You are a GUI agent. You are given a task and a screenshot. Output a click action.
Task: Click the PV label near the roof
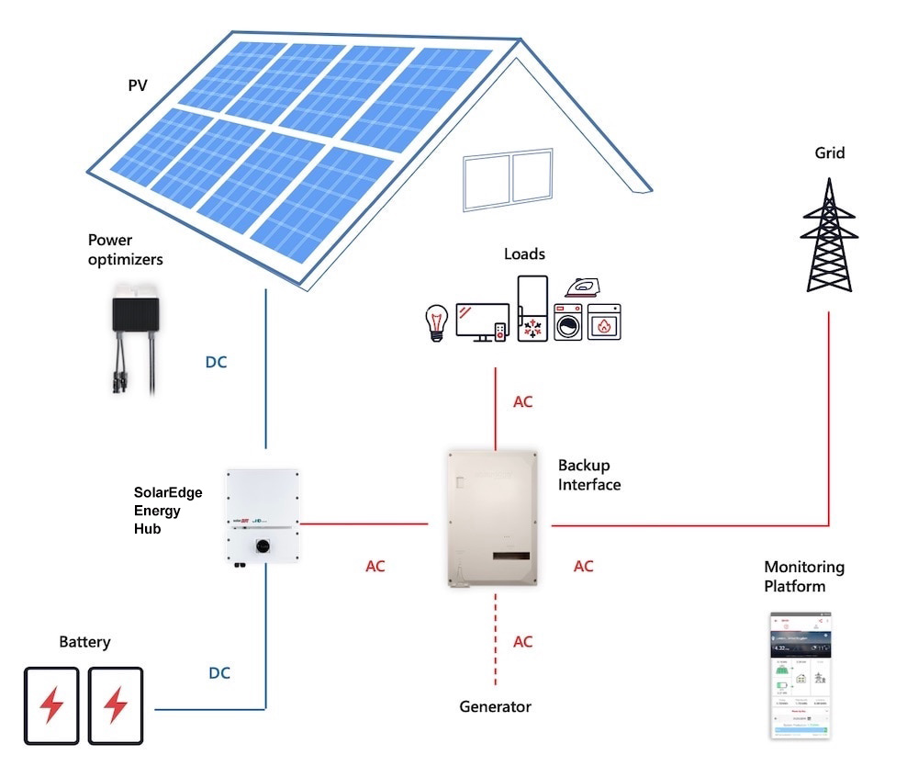(137, 87)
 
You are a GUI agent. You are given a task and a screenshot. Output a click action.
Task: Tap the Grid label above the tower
(830, 153)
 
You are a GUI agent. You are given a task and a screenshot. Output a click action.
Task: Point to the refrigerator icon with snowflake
(532, 310)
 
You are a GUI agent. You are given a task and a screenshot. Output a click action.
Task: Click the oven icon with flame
(604, 323)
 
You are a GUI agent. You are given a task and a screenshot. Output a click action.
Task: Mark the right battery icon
(116, 704)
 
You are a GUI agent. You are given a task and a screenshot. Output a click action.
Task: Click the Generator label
(496, 706)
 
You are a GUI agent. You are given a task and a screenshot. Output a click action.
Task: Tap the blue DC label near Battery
(218, 673)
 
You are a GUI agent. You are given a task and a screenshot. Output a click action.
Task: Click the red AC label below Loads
(522, 401)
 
